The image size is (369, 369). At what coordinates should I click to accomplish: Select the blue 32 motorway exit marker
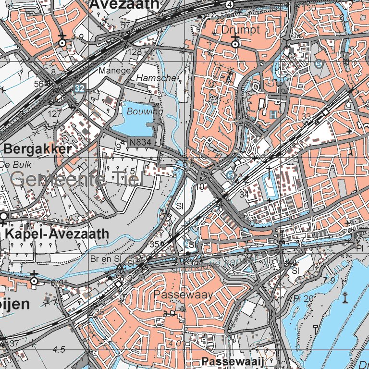click(79, 88)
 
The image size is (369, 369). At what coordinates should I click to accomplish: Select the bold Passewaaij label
click(233, 361)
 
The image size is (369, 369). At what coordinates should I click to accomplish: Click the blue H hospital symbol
click(273, 115)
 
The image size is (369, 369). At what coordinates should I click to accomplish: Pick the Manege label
click(114, 71)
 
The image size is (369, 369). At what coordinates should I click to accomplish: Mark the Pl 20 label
click(303, 298)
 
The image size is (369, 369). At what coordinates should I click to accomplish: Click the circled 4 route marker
click(231, 4)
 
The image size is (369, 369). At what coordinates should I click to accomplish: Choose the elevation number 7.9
click(329, 280)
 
